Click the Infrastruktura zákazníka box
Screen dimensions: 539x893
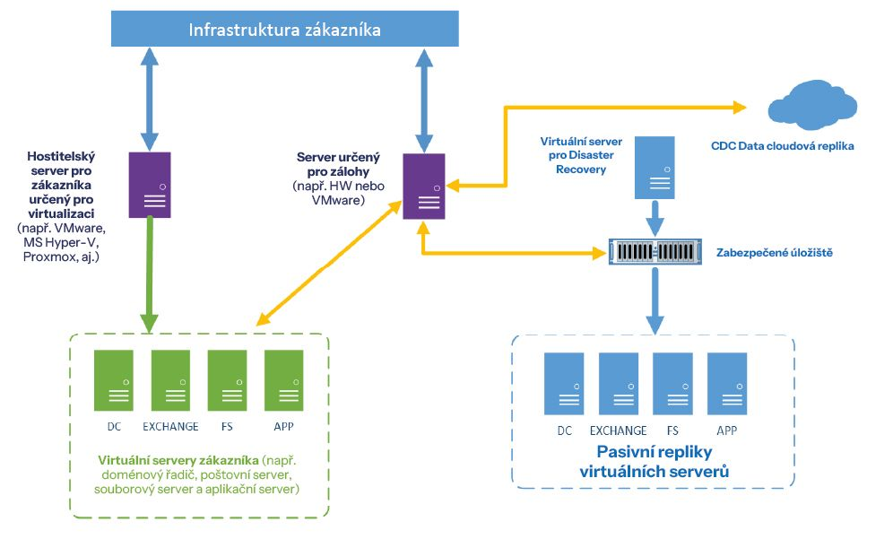click(x=284, y=30)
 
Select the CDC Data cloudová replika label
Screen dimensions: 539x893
click(x=782, y=145)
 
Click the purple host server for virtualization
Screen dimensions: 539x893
click(x=150, y=185)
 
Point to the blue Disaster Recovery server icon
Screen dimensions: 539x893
click(x=655, y=167)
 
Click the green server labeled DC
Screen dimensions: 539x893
click(x=114, y=380)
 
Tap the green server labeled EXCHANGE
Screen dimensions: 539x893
click(x=170, y=380)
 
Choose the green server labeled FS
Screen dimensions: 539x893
click(x=227, y=380)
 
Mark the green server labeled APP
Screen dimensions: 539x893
click(x=283, y=380)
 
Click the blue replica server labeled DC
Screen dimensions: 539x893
click(x=564, y=383)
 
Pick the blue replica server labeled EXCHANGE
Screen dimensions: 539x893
click(x=618, y=383)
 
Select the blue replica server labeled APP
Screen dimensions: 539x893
click(x=726, y=383)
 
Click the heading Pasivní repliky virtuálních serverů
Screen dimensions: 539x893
click(x=653, y=461)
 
